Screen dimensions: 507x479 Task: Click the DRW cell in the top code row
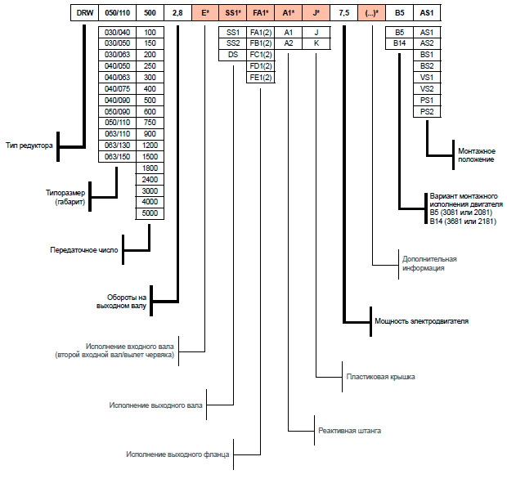85,13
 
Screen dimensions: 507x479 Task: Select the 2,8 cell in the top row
177,13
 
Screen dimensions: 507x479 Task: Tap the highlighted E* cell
205,13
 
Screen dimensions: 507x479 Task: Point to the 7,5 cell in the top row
344,13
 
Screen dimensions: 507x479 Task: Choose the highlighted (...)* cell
371,13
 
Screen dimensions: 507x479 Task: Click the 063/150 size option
118,157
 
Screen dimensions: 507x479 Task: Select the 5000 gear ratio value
150,213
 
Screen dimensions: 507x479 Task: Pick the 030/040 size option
118,33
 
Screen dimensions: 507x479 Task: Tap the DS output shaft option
233,55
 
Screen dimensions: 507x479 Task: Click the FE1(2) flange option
261,78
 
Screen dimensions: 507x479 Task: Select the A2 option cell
289,43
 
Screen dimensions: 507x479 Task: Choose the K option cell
316,43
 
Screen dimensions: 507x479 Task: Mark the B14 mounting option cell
399,43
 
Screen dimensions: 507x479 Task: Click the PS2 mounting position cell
427,112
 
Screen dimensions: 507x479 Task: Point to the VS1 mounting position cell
427,78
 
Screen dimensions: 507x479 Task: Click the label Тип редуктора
29,145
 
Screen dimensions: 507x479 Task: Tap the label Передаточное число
84,250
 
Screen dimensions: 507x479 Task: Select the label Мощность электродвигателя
422,321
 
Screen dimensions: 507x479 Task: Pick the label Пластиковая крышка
380,377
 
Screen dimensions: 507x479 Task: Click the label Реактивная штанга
349,431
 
